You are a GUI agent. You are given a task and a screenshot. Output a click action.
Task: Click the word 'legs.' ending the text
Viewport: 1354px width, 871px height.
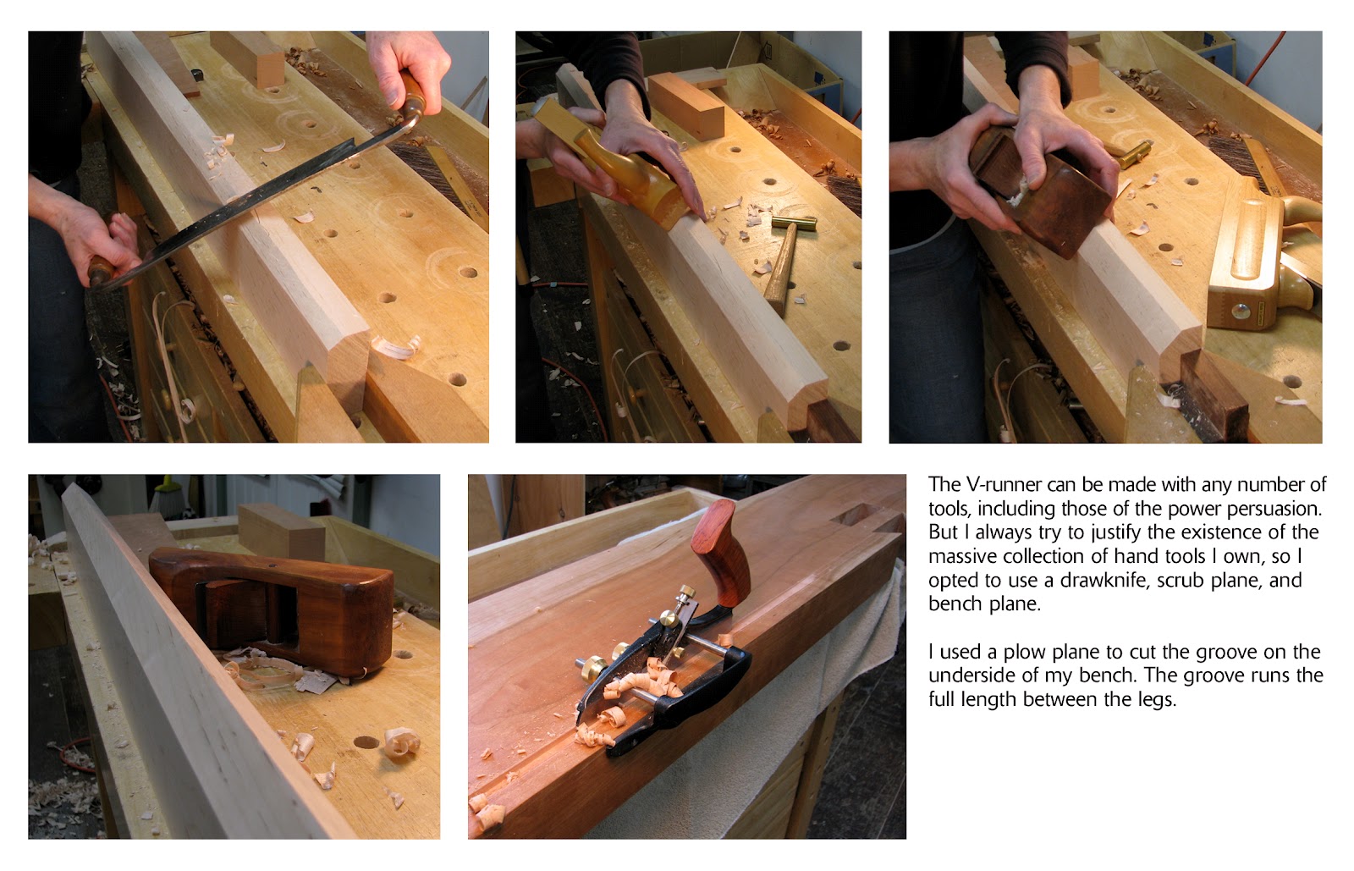(x=1154, y=700)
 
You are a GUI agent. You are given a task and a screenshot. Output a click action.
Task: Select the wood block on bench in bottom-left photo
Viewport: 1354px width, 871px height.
(x=281, y=529)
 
